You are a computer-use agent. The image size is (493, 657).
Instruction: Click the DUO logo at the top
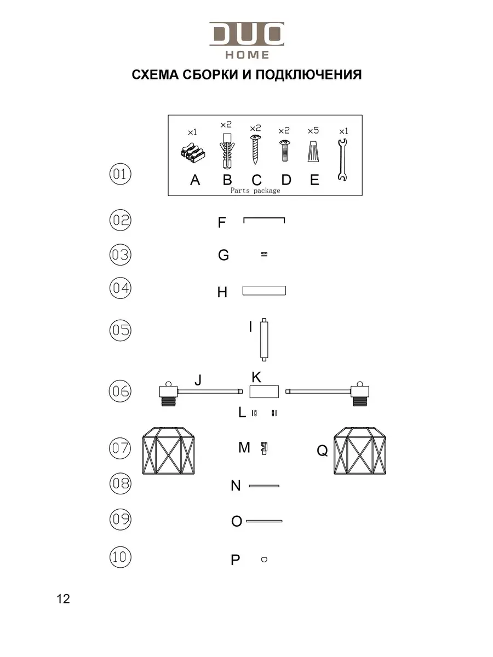pyautogui.click(x=246, y=34)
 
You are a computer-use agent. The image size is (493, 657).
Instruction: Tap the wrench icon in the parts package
pyautogui.click(x=342, y=160)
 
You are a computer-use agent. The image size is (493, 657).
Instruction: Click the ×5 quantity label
pyautogui.click(x=313, y=131)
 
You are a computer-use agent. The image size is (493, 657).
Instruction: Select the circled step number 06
pyautogui.click(x=120, y=391)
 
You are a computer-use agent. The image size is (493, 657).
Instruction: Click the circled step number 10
pyautogui.click(x=120, y=558)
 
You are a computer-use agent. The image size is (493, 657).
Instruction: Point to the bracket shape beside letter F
pyautogui.click(x=264, y=220)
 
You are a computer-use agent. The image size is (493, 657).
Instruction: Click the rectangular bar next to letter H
pyautogui.click(x=265, y=290)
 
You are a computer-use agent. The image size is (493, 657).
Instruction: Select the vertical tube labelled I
pyautogui.click(x=265, y=339)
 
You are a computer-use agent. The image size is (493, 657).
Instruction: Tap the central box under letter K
pyautogui.click(x=265, y=391)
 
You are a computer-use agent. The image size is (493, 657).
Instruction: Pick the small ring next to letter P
pyautogui.click(x=265, y=560)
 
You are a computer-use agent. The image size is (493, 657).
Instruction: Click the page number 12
pyautogui.click(x=63, y=599)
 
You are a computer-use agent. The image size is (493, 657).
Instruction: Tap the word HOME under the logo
pyautogui.click(x=247, y=55)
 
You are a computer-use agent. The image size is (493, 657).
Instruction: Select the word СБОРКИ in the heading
pyautogui.click(x=205, y=74)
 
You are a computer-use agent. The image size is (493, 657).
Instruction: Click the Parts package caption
pyautogui.click(x=255, y=191)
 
